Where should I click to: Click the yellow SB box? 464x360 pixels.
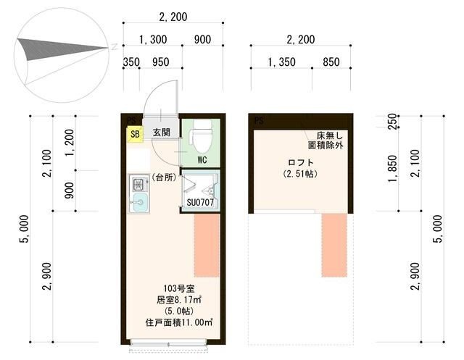[x=135, y=134]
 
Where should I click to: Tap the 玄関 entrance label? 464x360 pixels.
[x=161, y=133]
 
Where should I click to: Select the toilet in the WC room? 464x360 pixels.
[x=202, y=135]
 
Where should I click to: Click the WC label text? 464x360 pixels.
[x=202, y=160]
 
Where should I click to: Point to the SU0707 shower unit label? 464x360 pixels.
[x=200, y=203]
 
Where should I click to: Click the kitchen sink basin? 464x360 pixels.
[x=139, y=202]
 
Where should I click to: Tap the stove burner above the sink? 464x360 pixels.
[x=138, y=184]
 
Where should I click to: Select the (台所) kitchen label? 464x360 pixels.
[x=164, y=177]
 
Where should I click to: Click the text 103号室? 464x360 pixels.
[x=179, y=288]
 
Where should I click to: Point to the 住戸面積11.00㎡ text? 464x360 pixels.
[x=179, y=322]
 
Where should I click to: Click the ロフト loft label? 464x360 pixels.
[x=300, y=162]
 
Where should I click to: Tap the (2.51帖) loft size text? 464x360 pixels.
[x=300, y=174]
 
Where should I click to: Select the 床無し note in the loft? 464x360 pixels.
[x=330, y=135]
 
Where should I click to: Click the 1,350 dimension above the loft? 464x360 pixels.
[x=281, y=62]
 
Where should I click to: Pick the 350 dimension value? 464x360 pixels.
[x=131, y=62]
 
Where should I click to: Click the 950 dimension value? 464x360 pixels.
[x=161, y=62]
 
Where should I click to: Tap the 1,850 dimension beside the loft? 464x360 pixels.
[x=392, y=169]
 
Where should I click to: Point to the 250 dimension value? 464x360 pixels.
[x=392, y=121]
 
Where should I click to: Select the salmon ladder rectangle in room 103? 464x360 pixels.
[x=207, y=246]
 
